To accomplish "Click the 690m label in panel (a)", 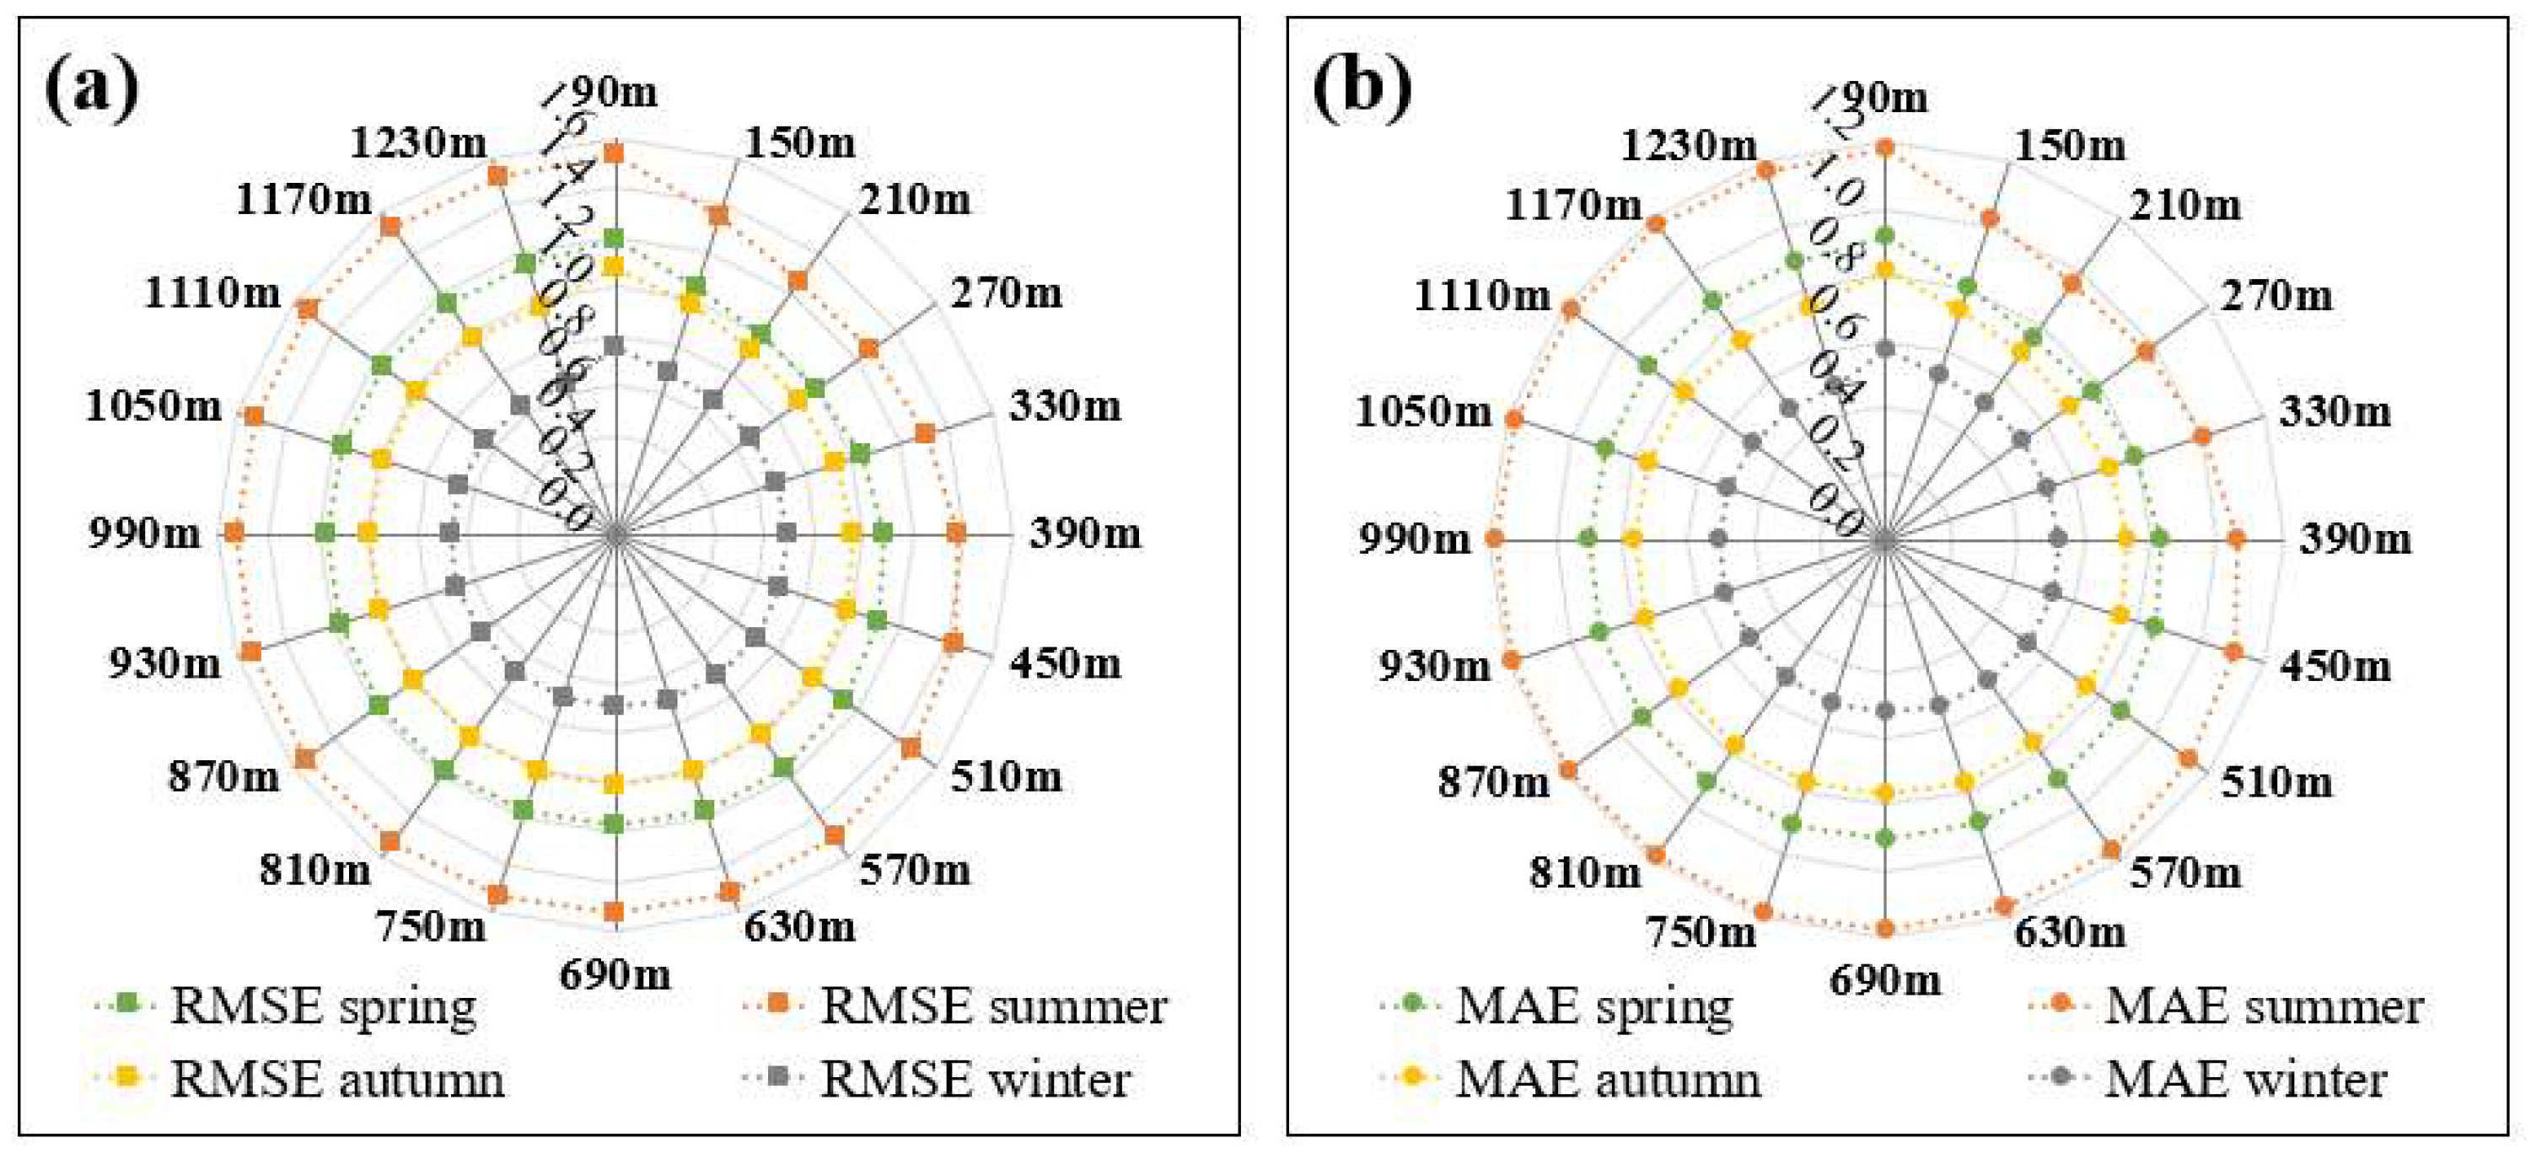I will pyautogui.click(x=615, y=975).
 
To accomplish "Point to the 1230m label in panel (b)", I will pyautogui.click(x=1688, y=148).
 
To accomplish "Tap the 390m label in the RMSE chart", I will pyautogui.click(x=1086, y=534).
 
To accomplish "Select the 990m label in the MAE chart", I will pyautogui.click(x=1415, y=539).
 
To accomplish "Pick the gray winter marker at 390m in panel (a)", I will pyautogui.click(x=786, y=534).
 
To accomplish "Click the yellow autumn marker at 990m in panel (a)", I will pyautogui.click(x=368, y=534).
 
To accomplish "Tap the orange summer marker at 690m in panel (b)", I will pyautogui.click(x=1884, y=928).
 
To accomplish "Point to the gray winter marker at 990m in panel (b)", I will pyautogui.click(x=1718, y=539).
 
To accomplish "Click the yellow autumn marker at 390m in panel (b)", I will pyautogui.click(x=2126, y=539).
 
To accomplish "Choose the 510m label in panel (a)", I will pyautogui.click(x=1006, y=777).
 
